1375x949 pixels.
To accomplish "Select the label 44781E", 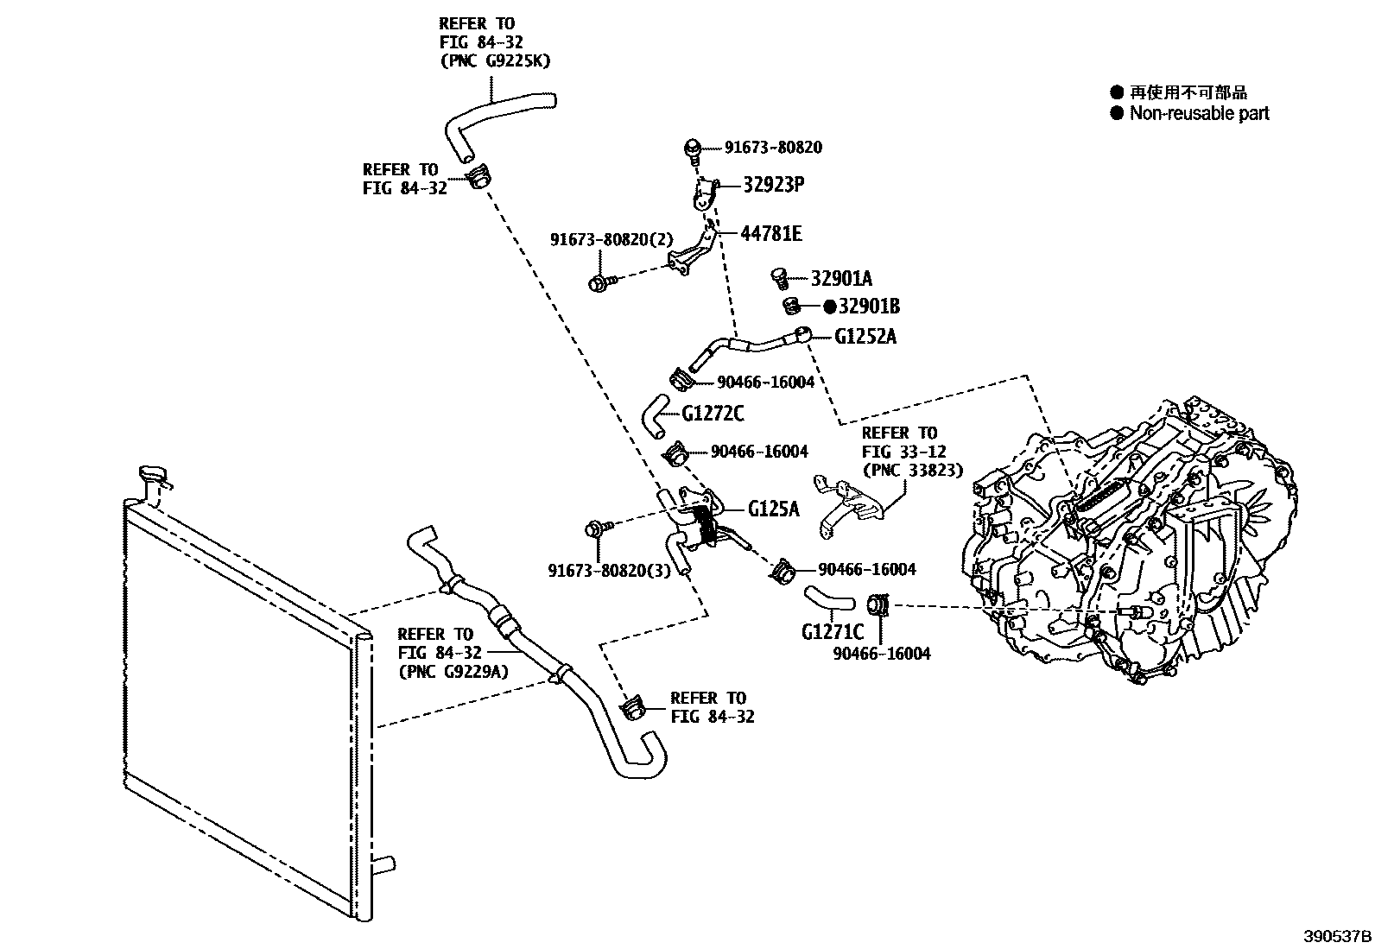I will (x=770, y=233).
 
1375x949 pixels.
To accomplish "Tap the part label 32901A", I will (x=841, y=278).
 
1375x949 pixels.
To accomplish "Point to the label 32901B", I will (x=869, y=306).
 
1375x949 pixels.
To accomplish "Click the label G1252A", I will (x=865, y=337).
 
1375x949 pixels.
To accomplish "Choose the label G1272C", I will (x=713, y=414).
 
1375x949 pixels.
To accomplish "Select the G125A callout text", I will (x=774, y=509).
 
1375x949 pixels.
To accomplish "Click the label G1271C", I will (x=832, y=632).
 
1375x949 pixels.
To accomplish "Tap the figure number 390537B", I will (x=1337, y=935).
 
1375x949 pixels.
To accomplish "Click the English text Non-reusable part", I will (x=1199, y=113).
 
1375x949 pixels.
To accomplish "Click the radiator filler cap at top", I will (x=153, y=476).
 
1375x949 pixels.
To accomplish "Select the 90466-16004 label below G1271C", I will (x=881, y=655).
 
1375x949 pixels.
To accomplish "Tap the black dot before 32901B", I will (x=829, y=306).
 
